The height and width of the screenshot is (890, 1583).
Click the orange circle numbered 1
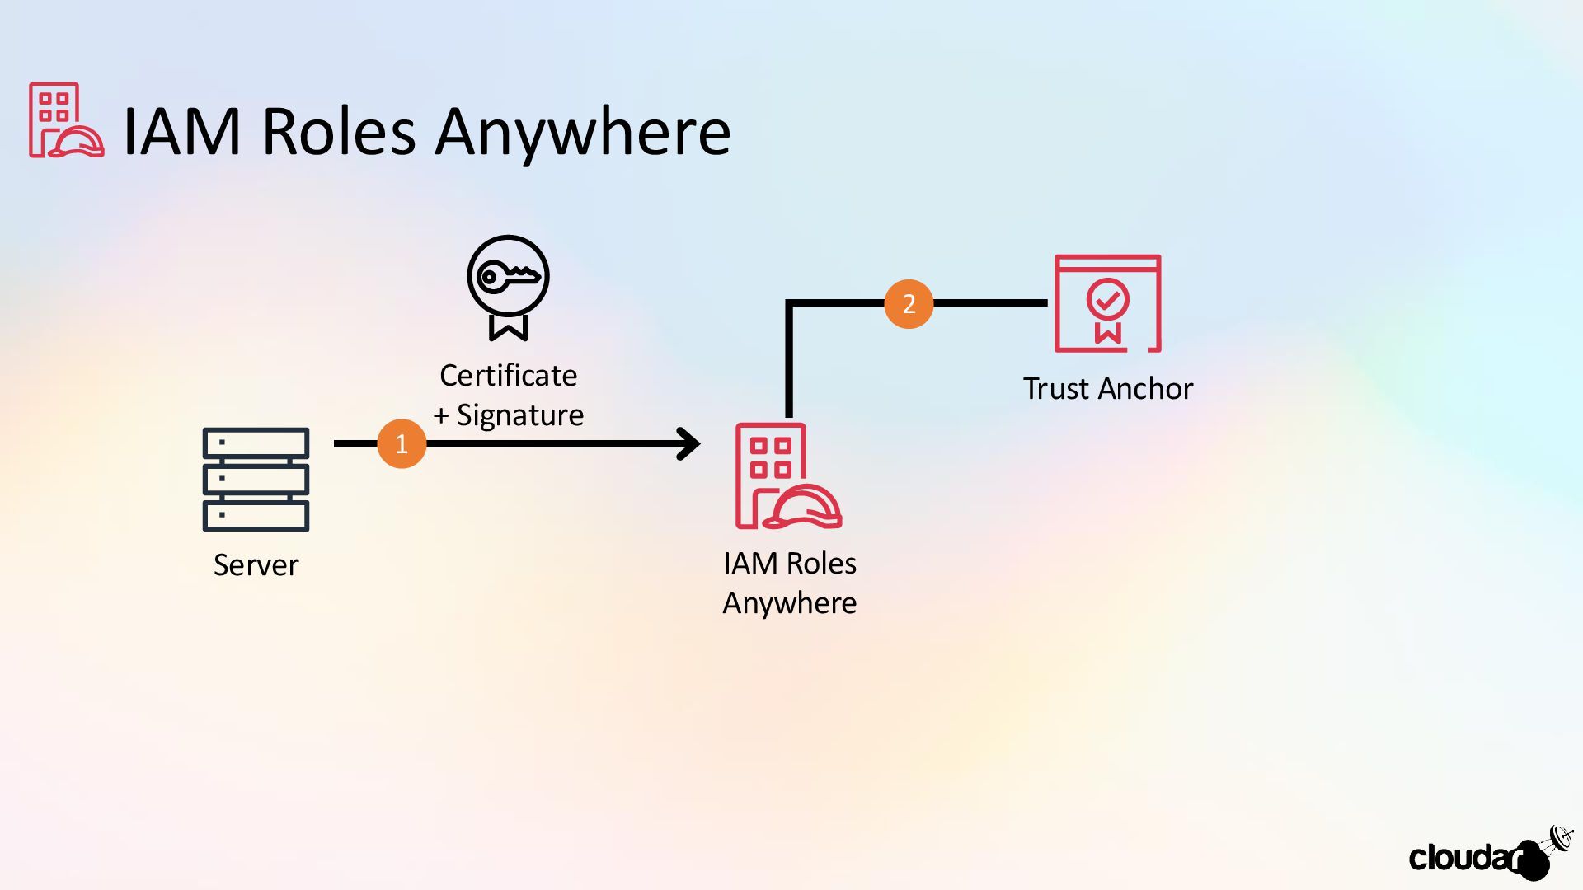coord(402,444)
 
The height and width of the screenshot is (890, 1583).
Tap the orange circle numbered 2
coord(909,304)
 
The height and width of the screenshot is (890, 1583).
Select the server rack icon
coord(256,479)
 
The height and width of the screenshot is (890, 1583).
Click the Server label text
coord(256,565)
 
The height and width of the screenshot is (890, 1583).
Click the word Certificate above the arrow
coord(508,376)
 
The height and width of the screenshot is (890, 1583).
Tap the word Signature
coord(520,415)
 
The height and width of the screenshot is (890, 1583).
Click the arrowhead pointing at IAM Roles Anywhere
coord(689,444)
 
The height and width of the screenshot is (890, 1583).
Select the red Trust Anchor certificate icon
coord(1107,303)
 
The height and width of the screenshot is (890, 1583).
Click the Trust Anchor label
coord(1107,389)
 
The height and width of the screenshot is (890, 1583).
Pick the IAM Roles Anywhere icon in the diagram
coord(788,475)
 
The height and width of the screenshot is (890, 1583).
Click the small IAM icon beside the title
coord(66,120)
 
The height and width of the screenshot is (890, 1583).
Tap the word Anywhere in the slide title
coord(583,132)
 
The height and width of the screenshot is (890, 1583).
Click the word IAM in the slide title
coord(182,132)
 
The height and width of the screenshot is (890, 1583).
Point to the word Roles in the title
coord(339,132)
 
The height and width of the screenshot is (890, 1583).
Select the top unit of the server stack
coord(256,443)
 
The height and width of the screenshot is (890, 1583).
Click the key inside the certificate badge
coord(509,276)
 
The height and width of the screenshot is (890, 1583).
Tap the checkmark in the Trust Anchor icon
coord(1107,298)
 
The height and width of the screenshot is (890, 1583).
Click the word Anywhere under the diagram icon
coord(789,604)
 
